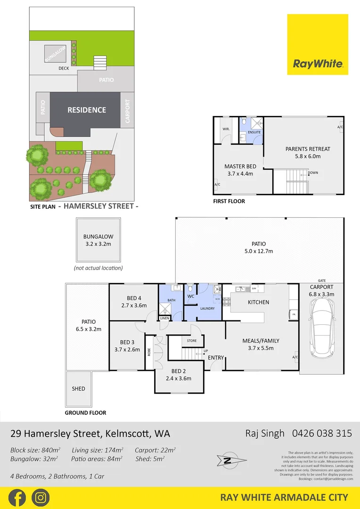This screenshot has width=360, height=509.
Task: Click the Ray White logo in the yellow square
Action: tap(318, 64)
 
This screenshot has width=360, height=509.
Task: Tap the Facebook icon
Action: tap(17, 497)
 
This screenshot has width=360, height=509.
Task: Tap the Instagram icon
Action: tap(41, 497)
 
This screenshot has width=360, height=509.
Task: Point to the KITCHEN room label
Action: tap(258, 302)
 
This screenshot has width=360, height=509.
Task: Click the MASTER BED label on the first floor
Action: tap(240, 166)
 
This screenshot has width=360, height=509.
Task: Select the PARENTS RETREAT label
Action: tap(308, 149)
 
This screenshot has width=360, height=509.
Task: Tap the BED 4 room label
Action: tap(134, 298)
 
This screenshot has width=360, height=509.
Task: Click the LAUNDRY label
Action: tap(207, 309)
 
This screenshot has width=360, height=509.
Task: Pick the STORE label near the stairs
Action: tap(192, 340)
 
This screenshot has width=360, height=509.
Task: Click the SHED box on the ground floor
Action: tap(79, 389)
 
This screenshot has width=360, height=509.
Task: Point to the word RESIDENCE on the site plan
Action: tap(87, 110)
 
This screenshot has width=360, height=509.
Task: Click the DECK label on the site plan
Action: tap(64, 68)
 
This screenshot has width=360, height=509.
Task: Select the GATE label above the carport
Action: tap(322, 280)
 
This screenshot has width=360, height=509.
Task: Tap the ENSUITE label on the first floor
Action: tap(254, 132)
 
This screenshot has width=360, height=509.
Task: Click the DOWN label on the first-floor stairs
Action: tap(313, 173)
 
